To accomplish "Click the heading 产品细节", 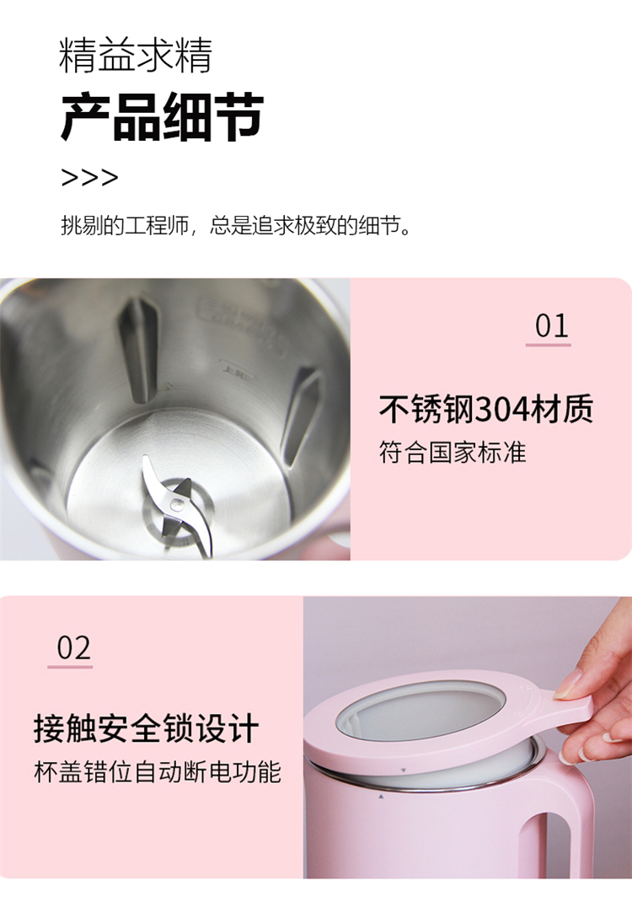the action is (162, 117).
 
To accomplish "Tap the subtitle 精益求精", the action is (136, 56).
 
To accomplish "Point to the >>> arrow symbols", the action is (89, 177).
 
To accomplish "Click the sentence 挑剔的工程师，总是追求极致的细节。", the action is (236, 225).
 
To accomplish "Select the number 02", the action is (73, 647).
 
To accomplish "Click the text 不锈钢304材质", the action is (486, 409).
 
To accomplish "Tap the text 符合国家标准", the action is (453, 452).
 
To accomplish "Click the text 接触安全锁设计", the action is (146, 728).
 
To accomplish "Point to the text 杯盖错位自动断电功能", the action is (158, 771).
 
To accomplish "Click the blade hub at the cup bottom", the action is (179, 505).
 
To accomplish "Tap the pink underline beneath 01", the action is (548, 345).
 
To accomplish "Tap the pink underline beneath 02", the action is (70, 667).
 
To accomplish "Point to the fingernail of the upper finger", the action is (566, 685).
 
